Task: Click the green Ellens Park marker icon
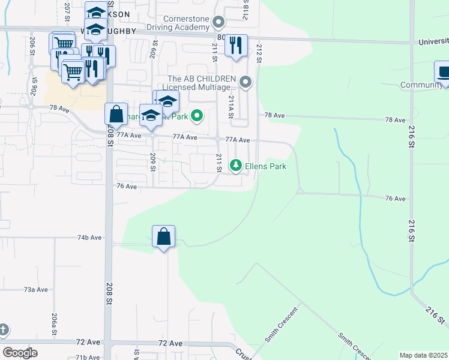(x=237, y=165)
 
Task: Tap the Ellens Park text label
(x=265, y=166)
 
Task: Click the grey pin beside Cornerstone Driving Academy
(x=218, y=23)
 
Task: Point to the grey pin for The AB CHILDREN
(x=245, y=82)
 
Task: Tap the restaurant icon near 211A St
(x=236, y=44)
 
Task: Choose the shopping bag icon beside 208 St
(x=116, y=113)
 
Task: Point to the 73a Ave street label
(x=35, y=289)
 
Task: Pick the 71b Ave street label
(x=88, y=357)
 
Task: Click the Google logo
(x=20, y=353)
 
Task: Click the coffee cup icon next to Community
(x=444, y=72)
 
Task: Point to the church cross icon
(x=3, y=329)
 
